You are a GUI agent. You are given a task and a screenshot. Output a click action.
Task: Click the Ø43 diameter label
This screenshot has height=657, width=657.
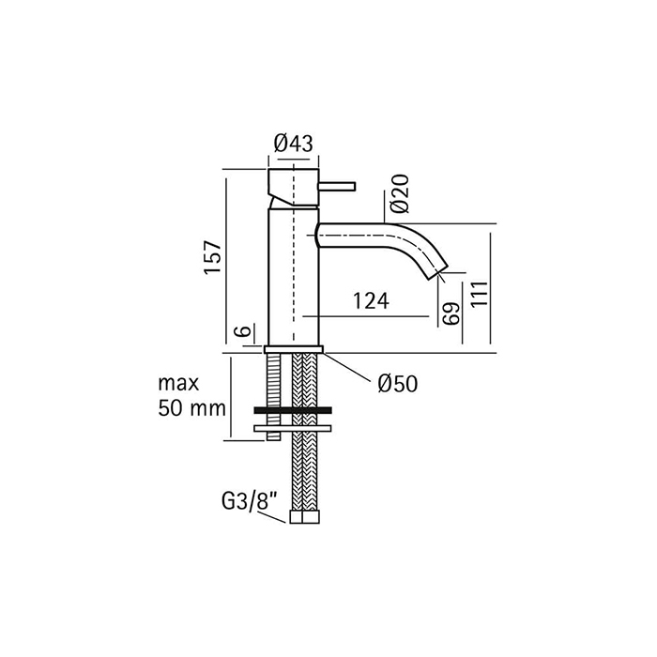click(293, 144)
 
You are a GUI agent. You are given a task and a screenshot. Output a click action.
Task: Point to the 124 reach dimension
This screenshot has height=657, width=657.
click(371, 300)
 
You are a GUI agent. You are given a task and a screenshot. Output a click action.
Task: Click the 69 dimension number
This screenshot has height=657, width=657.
click(451, 313)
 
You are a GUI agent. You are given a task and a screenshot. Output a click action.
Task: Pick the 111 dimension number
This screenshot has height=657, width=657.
click(480, 294)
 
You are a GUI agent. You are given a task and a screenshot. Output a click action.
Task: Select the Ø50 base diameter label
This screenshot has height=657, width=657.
click(398, 383)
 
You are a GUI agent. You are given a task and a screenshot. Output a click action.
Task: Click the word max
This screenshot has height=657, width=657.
click(178, 383)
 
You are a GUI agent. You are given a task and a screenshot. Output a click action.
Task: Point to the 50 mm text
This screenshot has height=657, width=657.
click(191, 407)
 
